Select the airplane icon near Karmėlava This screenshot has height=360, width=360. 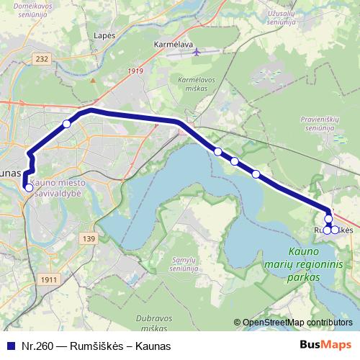point(199,52)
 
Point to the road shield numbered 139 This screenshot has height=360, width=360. point(89,238)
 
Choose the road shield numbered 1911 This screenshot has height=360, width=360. point(50,279)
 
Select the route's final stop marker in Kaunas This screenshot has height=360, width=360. point(29,188)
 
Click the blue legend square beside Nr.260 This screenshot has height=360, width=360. point(9,346)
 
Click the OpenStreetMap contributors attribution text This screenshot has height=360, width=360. point(297,322)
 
